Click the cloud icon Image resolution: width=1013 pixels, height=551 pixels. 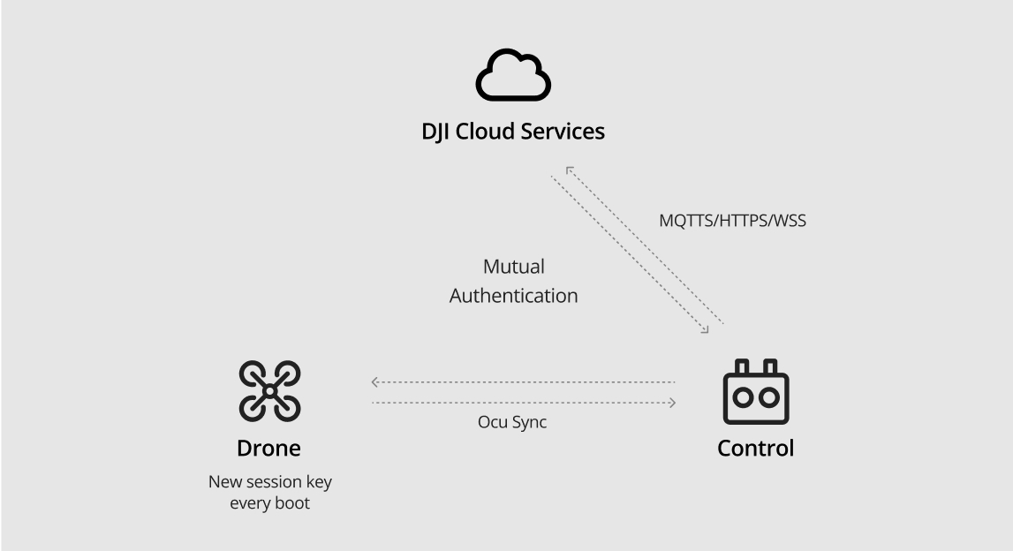(513, 77)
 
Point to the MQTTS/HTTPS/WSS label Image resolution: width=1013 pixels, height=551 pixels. (732, 221)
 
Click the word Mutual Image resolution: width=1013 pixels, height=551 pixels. (513, 267)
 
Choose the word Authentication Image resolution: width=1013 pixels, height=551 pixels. (513, 296)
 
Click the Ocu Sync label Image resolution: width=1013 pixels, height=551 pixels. (512, 422)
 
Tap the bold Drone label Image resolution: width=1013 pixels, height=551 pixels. (268, 448)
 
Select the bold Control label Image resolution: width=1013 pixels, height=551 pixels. (755, 448)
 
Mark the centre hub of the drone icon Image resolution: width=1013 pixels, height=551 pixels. (270, 390)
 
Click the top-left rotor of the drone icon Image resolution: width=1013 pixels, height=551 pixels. (253, 374)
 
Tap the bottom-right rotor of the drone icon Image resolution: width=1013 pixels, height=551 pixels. (288, 407)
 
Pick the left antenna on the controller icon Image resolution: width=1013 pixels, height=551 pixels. (742, 366)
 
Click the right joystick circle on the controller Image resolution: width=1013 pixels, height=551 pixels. (767, 397)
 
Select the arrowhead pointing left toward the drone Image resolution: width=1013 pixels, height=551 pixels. (374, 382)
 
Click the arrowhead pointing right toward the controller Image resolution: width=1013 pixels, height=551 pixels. (672, 403)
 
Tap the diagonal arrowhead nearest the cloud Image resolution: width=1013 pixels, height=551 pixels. (570, 169)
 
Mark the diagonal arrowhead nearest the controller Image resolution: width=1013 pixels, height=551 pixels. (705, 330)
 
